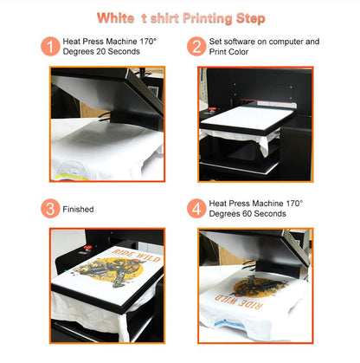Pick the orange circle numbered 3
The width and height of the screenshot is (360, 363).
coord(51,208)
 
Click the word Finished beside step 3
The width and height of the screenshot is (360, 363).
coord(78,209)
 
